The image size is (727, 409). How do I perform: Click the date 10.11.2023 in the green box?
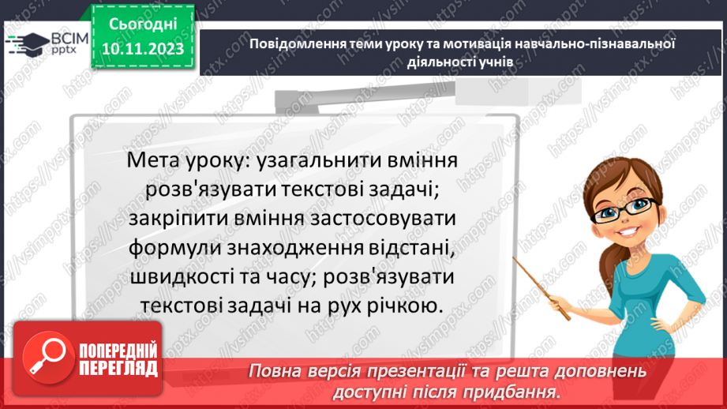tap(143, 48)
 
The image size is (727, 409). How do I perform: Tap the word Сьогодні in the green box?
tap(143, 24)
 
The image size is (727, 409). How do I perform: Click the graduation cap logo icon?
tap(28, 43)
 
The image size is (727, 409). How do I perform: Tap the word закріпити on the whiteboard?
tap(178, 219)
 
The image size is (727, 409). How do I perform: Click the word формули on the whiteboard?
tap(174, 248)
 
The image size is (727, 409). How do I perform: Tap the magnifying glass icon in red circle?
tap(48, 358)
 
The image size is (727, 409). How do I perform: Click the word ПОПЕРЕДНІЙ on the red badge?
tap(118, 351)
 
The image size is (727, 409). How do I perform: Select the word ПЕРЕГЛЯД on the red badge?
tap(118, 369)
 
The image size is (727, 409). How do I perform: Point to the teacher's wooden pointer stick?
tap(541, 288)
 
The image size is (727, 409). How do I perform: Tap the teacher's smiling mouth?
tap(628, 231)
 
